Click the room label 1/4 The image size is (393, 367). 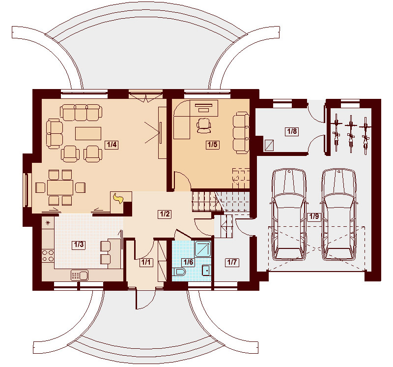[111, 145]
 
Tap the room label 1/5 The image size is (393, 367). [212, 145]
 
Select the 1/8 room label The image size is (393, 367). [292, 131]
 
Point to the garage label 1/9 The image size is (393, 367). [313, 216]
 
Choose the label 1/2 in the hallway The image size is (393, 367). [164, 214]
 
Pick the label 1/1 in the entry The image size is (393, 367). [146, 262]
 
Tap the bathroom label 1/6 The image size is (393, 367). [188, 262]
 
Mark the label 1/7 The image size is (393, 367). [232, 262]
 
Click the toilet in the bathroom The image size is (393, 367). [179, 272]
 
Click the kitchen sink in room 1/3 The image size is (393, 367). [79, 275]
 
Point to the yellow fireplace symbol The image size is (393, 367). [118, 198]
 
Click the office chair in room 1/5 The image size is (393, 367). [203, 125]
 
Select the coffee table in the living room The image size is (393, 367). [88, 133]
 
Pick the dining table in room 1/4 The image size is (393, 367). [60, 187]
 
